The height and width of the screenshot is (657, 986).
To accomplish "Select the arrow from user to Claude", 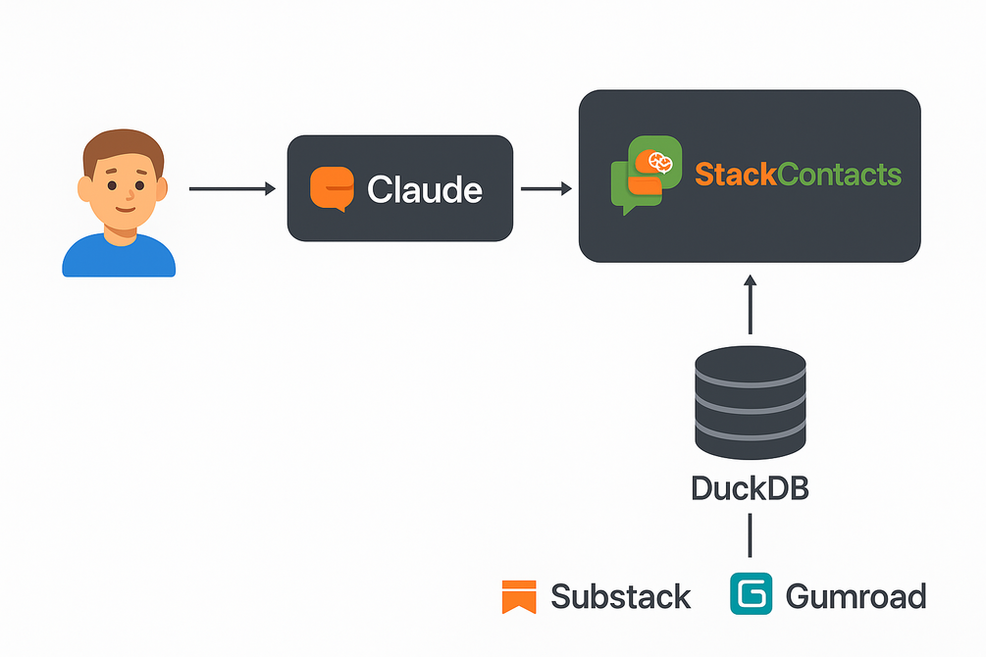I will coord(232,188).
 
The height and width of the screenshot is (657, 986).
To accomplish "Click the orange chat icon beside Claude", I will coord(331,189).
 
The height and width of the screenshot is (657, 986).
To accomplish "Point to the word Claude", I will coord(424,189).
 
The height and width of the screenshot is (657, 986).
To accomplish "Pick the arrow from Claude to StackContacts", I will coord(545,188).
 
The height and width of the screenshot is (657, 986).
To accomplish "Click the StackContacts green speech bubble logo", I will coord(645,175).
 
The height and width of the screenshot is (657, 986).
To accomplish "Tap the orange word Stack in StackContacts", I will coord(735,176).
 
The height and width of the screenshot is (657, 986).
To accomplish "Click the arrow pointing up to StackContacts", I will coord(751,304).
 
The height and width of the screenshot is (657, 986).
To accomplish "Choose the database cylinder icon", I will coord(751,403).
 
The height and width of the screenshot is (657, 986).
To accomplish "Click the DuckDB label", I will coord(751,487).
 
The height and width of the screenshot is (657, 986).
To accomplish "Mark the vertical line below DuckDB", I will coord(751,537).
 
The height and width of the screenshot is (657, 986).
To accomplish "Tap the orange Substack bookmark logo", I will coord(518,596).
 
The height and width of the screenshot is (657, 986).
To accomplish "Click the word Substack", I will coord(621,596).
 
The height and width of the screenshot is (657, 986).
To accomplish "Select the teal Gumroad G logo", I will coord(752,595).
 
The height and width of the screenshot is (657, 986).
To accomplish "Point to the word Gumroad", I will coord(856,596).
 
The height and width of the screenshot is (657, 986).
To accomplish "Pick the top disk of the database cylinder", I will coord(751,368).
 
